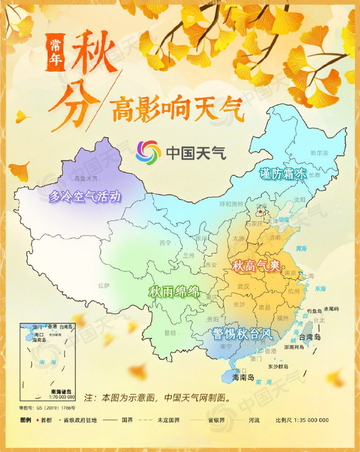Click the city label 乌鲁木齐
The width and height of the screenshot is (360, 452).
point(86,179)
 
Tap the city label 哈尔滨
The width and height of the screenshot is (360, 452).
point(319,153)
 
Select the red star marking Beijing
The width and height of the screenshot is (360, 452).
point(260,212)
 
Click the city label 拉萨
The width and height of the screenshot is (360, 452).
point(104,286)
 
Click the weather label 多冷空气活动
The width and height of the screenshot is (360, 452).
point(85,197)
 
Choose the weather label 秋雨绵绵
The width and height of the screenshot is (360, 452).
point(174,292)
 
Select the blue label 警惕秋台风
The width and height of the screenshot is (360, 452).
point(242,334)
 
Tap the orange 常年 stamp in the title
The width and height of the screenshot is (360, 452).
point(55,52)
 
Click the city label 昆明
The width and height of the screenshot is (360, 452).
point(170,333)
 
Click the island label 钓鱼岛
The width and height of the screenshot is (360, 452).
point(314,311)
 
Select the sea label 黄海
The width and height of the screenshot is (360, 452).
point(301,248)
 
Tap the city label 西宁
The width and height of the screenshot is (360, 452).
point(165,243)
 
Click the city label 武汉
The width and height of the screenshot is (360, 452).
point(243,286)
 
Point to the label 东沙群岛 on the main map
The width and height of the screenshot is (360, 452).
point(278,367)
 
